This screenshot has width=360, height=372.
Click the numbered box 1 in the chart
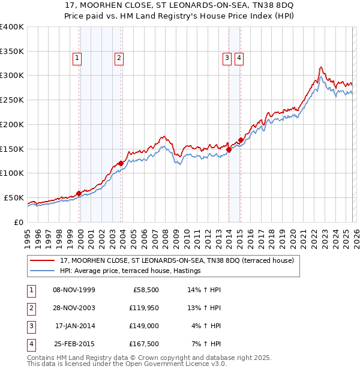[77, 58]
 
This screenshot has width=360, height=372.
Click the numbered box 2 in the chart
[119, 58]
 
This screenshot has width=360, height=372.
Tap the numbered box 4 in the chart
[239, 58]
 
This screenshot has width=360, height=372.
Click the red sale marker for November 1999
[79, 193]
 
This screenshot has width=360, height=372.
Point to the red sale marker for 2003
[121, 163]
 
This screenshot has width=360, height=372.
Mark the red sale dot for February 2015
[241, 140]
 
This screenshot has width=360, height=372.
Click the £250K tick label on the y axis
[12, 100]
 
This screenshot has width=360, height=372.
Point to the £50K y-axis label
[14, 197]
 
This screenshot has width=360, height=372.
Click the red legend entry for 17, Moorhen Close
[176, 260]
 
